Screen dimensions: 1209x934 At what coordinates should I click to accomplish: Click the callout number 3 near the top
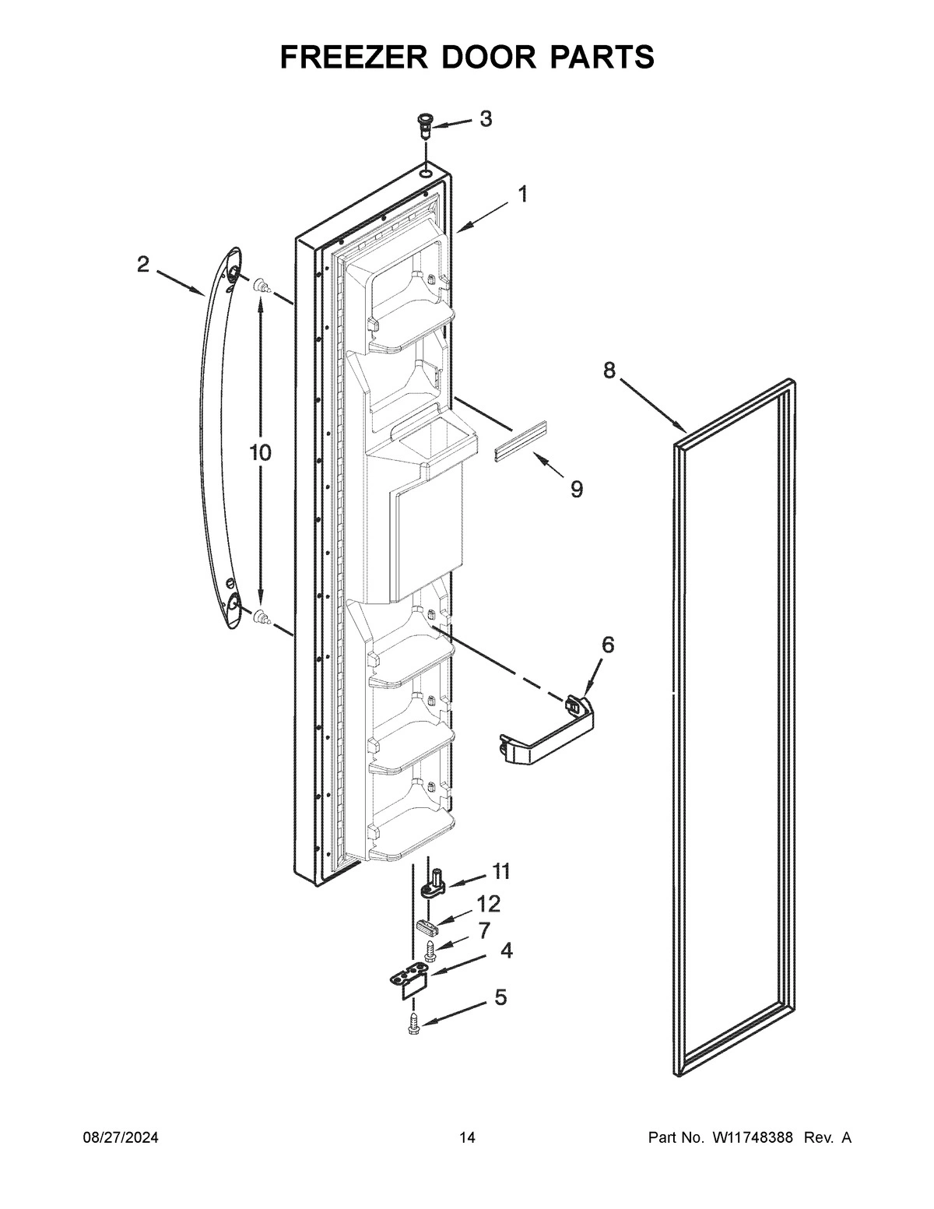[485, 119]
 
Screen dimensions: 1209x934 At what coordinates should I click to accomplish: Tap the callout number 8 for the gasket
[609, 371]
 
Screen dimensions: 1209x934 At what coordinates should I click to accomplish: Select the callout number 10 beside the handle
[260, 452]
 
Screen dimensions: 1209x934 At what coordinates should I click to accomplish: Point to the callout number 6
[607, 645]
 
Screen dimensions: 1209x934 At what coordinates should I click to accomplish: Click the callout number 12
[488, 904]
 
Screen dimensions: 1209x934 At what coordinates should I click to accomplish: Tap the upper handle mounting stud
[262, 286]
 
